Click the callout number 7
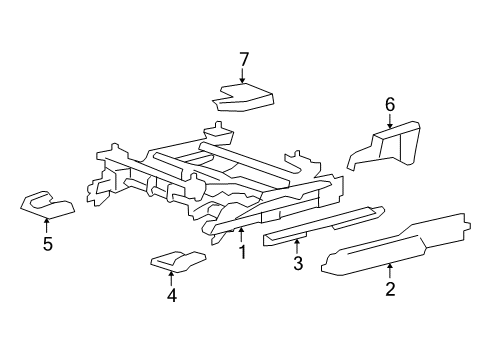click(244, 60)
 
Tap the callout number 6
click(390, 105)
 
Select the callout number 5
click(48, 244)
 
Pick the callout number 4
click(172, 295)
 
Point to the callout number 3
click(298, 263)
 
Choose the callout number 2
click(390, 289)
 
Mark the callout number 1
click(243, 252)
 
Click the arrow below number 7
click(242, 76)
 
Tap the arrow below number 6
click(390, 121)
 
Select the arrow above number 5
click(46, 225)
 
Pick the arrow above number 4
click(171, 279)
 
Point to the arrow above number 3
click(296, 247)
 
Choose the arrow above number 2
click(389, 271)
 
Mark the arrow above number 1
click(241, 235)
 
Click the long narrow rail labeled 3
click(323, 224)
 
